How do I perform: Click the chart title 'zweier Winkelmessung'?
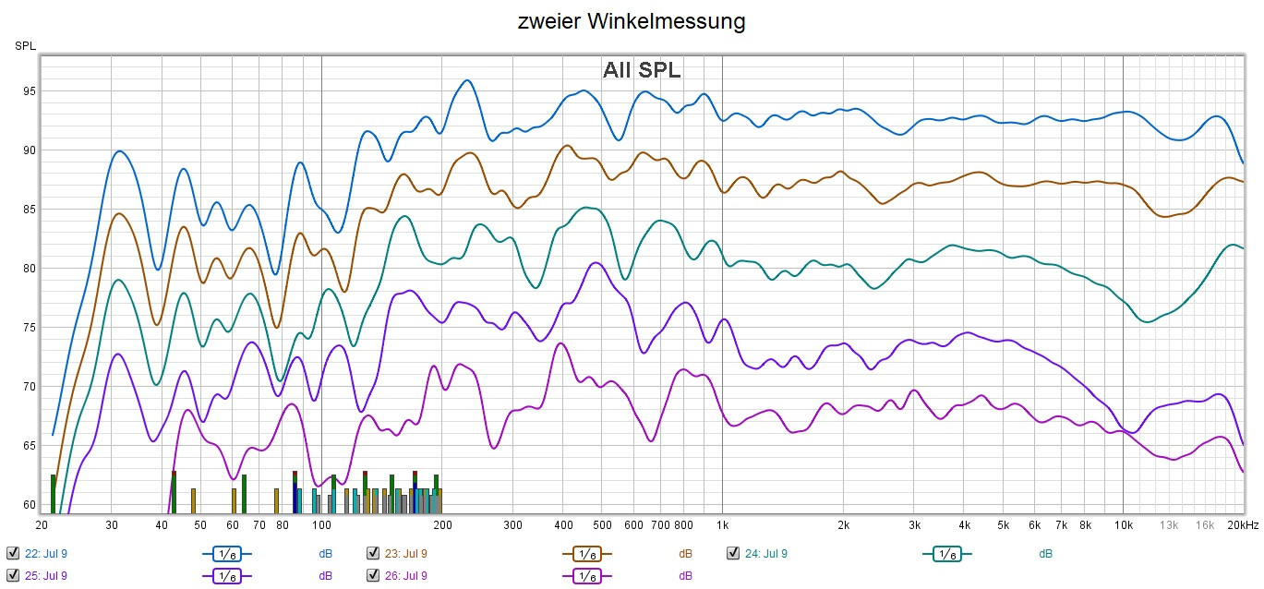point(632,21)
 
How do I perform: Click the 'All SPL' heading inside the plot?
point(642,70)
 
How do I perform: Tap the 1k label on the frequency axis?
point(722,525)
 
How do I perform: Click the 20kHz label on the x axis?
point(1243,525)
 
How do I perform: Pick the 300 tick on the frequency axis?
point(512,525)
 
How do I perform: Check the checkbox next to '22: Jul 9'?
point(12,553)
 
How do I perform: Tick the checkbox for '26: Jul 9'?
point(373,575)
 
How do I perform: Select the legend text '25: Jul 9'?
point(45,575)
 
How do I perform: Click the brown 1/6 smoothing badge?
point(585,554)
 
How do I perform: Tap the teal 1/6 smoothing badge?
point(945,554)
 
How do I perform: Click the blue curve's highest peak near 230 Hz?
point(467,80)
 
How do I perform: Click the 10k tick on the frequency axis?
point(1123,525)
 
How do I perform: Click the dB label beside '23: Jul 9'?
point(685,554)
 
